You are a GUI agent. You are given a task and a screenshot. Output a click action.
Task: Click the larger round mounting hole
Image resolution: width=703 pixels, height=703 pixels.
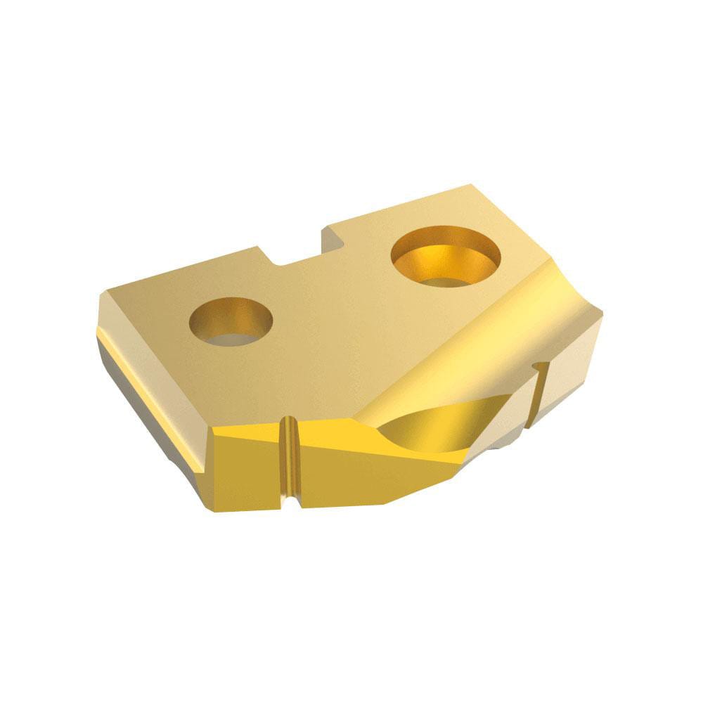(446, 256)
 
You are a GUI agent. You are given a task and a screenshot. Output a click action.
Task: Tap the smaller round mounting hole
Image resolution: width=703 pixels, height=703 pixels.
(231, 321)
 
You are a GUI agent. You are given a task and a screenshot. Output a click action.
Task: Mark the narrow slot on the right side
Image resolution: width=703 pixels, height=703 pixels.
(540, 394)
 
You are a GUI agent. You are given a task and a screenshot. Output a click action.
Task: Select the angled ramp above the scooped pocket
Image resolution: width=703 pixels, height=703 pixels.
(478, 351)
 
